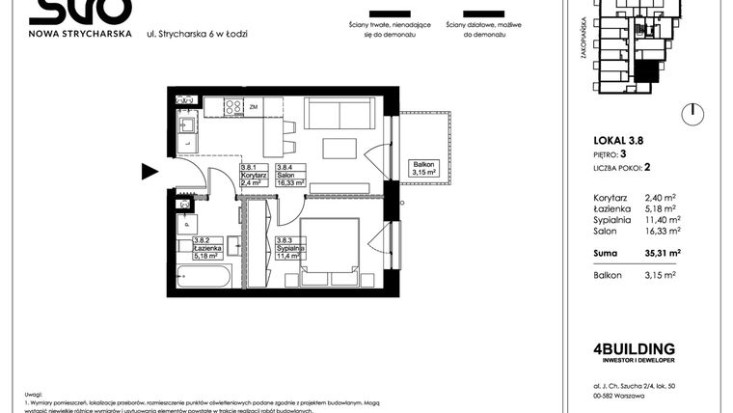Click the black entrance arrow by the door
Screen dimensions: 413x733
[x=149, y=172]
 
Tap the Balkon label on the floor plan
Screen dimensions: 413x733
[x=422, y=169]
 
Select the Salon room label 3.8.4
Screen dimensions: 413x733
[x=292, y=175]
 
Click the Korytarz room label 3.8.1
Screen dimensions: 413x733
[x=254, y=175]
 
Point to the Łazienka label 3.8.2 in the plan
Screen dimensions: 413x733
[x=207, y=250]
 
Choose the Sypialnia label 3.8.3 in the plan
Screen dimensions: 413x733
[x=289, y=250]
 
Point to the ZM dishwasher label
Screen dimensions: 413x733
[x=255, y=107]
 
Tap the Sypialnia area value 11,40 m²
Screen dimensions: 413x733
[x=660, y=219]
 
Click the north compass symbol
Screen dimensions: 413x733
[x=691, y=115]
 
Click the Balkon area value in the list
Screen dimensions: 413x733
[x=660, y=275]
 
